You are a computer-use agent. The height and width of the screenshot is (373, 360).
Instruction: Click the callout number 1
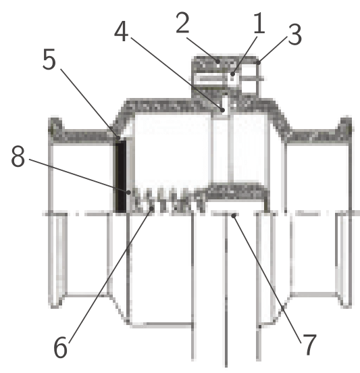(259, 23)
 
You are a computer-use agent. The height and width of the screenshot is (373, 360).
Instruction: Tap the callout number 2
(182, 22)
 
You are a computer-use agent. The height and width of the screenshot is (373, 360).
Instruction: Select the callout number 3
(294, 34)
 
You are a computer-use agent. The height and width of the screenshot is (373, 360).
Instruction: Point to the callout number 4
(121, 31)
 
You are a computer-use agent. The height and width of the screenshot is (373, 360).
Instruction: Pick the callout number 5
(49, 59)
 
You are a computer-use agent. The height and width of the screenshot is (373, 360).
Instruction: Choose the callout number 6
(60, 347)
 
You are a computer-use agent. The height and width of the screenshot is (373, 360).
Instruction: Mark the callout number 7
(309, 344)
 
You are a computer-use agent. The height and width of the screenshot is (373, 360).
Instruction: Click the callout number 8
(18, 156)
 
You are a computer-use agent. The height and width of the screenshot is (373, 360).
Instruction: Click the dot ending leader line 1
(232, 74)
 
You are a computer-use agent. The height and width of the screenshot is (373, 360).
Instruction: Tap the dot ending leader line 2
(217, 61)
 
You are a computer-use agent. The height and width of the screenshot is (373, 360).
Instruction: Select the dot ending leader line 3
(258, 63)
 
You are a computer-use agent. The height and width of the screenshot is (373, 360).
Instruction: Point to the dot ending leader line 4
(222, 110)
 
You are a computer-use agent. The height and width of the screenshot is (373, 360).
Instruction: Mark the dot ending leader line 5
(118, 138)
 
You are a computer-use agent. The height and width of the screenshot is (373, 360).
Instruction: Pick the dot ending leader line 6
(151, 209)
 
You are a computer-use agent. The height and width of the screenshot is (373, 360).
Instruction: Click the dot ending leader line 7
(234, 216)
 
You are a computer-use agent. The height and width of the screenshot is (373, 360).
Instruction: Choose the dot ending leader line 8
(128, 192)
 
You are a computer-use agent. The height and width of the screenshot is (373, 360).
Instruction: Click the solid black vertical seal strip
(121, 176)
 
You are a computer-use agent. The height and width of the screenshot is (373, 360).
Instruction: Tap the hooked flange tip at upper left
(55, 125)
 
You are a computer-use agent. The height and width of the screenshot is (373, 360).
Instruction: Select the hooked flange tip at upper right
(345, 125)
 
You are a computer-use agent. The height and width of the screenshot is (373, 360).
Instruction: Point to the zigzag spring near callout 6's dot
(169, 200)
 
